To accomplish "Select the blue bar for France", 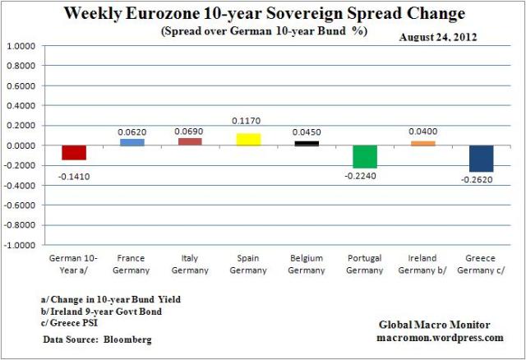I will tap(131, 142).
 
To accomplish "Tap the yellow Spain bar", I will tap(248, 140).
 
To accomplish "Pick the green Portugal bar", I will tap(364, 156).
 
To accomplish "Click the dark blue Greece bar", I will tap(481, 159).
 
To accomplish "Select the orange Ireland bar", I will tap(422, 144).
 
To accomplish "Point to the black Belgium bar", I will tap(307, 143).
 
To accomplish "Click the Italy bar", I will tap(190, 141).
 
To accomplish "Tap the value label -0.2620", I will tap(481, 181).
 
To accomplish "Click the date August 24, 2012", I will tap(441, 37).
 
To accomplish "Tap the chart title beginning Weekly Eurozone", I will tap(263, 14).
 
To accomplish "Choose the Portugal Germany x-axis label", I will tap(365, 264).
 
